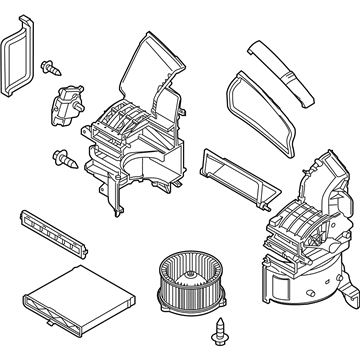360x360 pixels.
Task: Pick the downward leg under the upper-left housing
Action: pos(115,194)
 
